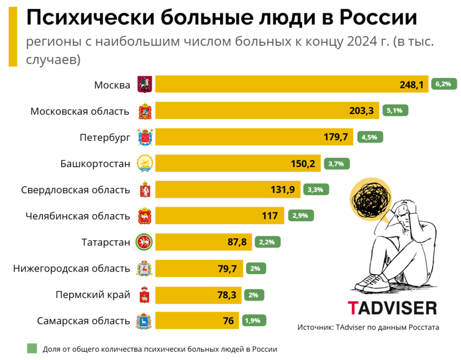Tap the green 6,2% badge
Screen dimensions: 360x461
[443, 84]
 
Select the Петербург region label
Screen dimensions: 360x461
[105, 137]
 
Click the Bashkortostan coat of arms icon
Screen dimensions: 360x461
[144, 164]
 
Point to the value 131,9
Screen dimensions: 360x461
[283, 190]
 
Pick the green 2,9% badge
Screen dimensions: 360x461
[300, 216]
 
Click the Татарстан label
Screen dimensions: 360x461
[106, 242]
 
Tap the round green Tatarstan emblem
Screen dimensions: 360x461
[144, 242]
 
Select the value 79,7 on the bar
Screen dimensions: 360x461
[227, 269]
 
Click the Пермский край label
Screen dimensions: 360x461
[93, 295]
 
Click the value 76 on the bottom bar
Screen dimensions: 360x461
[228, 321]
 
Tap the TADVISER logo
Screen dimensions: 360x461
[392, 307]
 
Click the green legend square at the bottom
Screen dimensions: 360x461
[32, 348]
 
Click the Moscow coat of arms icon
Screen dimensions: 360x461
[144, 85]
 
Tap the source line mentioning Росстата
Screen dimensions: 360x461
[369, 327]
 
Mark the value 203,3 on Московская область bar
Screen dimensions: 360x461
[361, 111]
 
